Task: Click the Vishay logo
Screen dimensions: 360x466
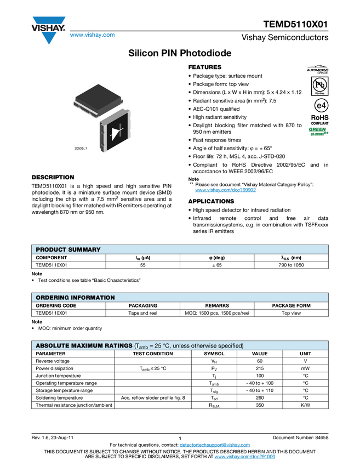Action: [x=48, y=30]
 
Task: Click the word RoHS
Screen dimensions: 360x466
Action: [x=318, y=117]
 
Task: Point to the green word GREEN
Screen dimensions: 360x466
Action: [x=317, y=130]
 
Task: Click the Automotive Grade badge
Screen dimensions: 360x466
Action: [x=318, y=70]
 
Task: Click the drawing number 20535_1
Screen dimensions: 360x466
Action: [x=81, y=149]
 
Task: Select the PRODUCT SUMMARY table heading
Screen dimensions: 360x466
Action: [x=68, y=249]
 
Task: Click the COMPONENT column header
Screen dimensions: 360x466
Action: [x=52, y=258]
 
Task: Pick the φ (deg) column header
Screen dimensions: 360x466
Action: [x=217, y=258]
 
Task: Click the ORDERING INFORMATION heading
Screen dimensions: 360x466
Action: [x=75, y=298]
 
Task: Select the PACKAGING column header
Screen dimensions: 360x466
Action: [x=142, y=305]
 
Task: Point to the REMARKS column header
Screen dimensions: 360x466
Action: [x=217, y=305]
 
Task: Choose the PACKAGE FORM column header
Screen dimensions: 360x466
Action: [x=292, y=305]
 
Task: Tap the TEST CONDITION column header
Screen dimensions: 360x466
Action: [x=153, y=354]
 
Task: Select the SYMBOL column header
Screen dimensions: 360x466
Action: [x=214, y=354]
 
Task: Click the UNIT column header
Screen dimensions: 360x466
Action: [x=305, y=354]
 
